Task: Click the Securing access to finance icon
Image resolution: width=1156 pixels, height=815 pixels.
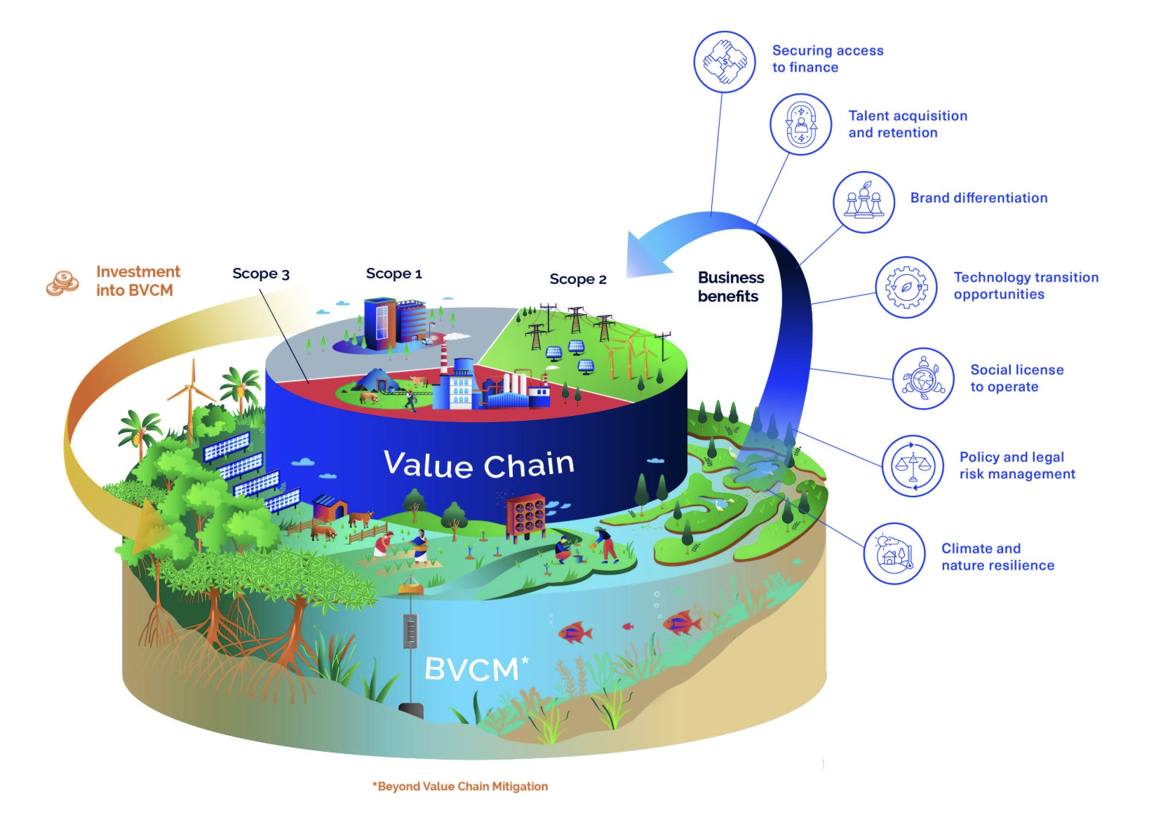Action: (x=725, y=62)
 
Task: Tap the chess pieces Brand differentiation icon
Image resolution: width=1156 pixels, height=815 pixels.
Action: (x=863, y=202)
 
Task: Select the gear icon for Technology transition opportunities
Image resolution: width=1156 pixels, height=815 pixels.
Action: (x=906, y=287)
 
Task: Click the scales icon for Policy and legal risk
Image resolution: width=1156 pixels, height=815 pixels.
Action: (x=913, y=466)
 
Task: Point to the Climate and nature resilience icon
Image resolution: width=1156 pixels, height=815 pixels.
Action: (x=894, y=553)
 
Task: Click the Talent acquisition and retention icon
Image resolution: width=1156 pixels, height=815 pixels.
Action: (x=800, y=124)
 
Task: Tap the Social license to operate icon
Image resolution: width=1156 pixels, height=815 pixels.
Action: (x=923, y=379)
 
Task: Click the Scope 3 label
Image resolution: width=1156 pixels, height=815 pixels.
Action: (x=261, y=274)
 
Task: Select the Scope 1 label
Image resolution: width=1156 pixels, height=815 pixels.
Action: (x=394, y=274)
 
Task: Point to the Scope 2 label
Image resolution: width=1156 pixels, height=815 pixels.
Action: (x=577, y=279)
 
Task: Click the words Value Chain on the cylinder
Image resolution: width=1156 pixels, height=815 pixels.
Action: (x=479, y=464)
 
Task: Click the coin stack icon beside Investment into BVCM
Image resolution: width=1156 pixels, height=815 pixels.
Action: (x=63, y=283)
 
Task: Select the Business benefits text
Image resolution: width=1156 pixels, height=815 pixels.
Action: (x=730, y=287)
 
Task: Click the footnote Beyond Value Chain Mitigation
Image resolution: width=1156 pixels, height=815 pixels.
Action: (x=460, y=786)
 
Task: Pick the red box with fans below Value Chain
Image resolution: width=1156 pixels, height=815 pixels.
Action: (x=525, y=516)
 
